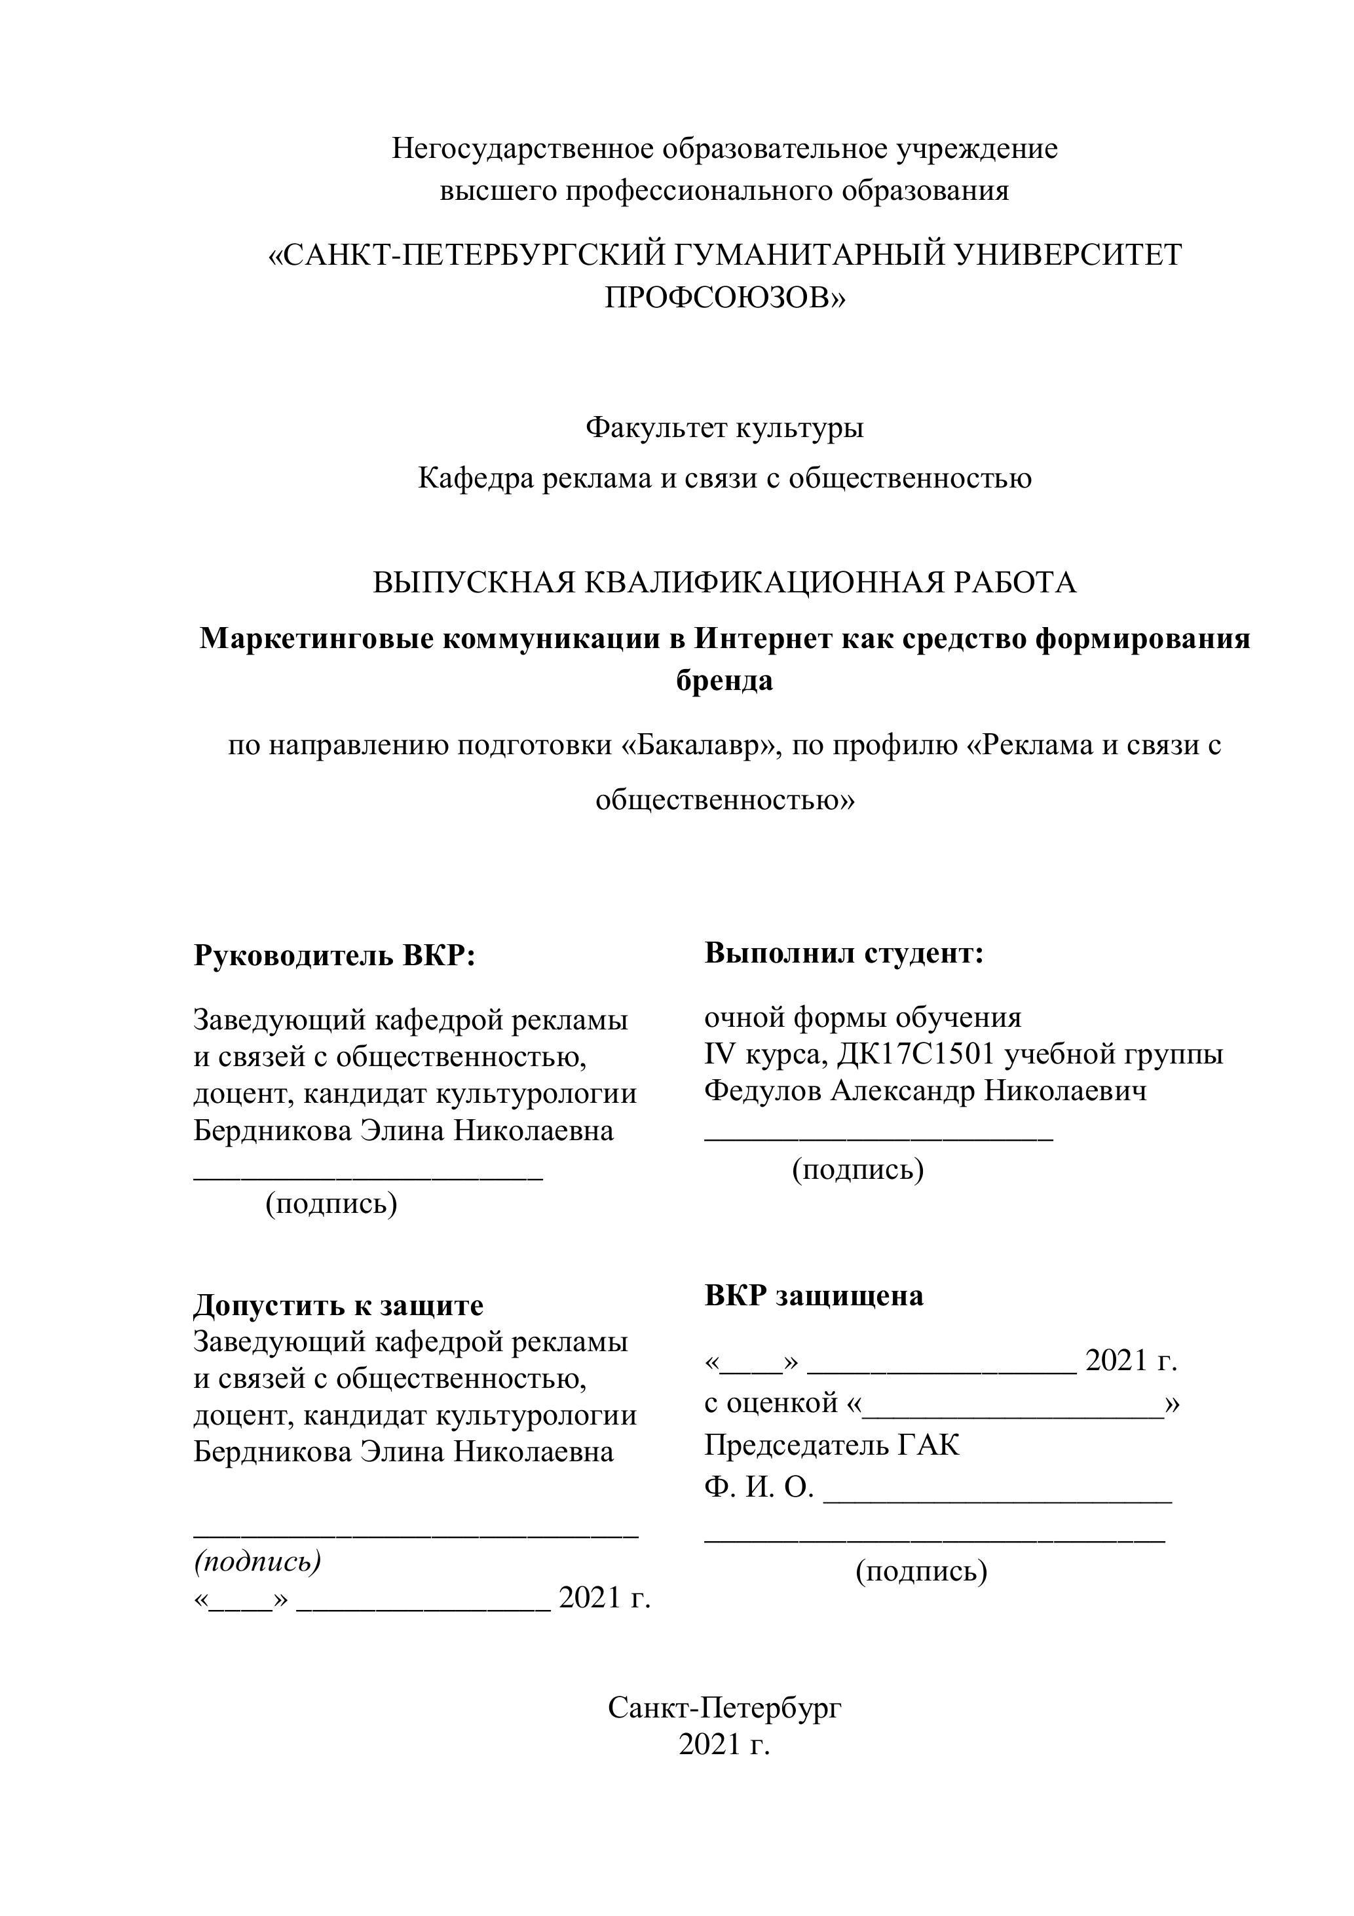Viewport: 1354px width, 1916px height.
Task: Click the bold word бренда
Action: [724, 681]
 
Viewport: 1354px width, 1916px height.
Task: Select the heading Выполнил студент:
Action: [844, 953]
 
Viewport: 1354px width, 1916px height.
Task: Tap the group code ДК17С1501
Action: [915, 1055]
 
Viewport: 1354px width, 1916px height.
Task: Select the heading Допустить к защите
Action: [338, 1305]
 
